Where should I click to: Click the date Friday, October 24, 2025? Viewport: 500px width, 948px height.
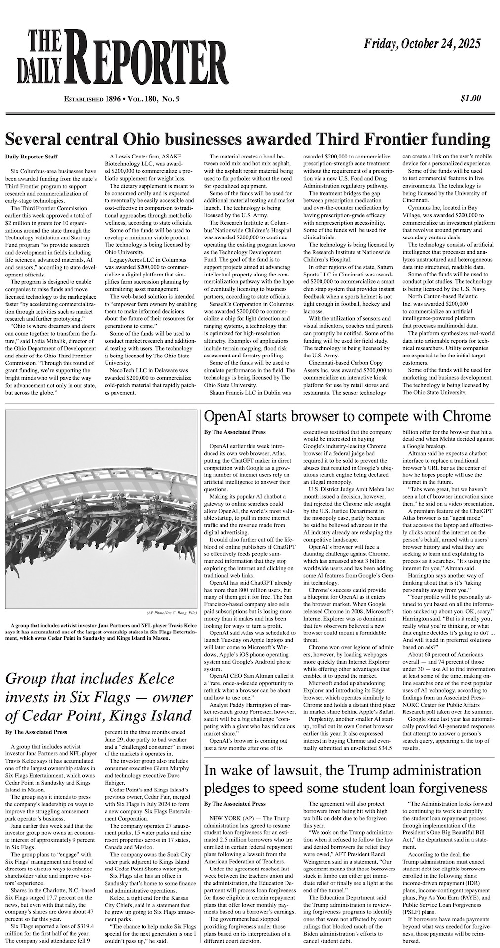(422, 44)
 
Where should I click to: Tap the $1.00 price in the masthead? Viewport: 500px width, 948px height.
(470, 98)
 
